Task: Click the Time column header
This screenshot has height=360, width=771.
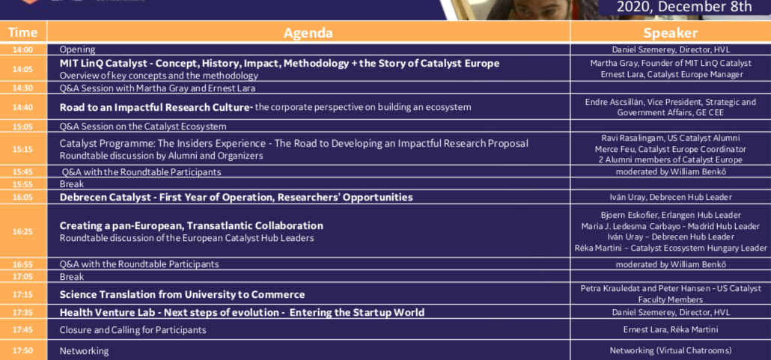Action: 23,32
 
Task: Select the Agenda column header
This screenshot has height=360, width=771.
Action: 308,32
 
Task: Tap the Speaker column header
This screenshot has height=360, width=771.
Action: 671,32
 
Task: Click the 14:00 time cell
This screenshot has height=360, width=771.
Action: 23,49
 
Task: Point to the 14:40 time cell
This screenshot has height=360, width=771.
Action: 23,107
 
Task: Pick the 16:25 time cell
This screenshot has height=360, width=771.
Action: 23,231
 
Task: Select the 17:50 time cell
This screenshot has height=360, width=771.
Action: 23,350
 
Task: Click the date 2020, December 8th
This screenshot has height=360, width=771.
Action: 684,7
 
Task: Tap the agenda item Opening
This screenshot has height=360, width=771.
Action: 77,49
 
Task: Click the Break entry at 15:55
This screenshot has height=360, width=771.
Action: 72,184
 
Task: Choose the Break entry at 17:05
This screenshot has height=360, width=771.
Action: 72,276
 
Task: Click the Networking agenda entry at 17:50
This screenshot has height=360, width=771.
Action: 84,351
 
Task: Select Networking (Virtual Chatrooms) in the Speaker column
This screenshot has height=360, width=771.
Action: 671,350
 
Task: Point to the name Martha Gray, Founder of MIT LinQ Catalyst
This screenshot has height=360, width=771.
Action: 671,63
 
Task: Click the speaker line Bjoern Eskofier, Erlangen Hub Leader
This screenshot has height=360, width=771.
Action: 671,215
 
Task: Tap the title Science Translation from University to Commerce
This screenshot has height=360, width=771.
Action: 182,295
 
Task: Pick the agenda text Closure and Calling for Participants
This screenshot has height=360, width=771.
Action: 132,329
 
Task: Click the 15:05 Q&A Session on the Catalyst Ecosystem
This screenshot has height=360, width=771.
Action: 143,126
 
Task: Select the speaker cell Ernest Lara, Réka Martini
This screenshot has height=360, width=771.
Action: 671,329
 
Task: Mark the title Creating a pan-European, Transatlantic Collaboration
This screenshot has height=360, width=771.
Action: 192,226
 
